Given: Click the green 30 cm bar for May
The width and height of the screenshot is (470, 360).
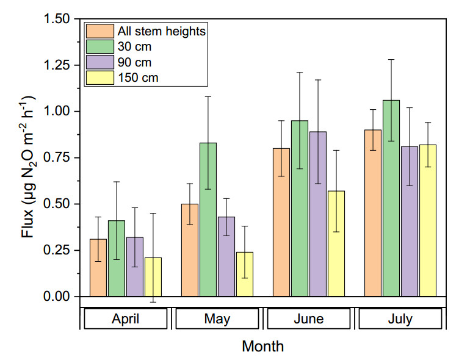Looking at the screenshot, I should point(208,220).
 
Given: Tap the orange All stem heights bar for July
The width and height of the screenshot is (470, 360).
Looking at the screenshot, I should point(372,213).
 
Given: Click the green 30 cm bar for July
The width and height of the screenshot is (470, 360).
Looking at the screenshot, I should point(391,198).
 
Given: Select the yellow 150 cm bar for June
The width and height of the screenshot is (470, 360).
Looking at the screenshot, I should point(336,243).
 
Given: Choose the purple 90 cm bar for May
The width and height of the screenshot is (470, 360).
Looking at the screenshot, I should point(226,256).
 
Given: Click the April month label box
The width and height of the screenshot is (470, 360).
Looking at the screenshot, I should point(126,319).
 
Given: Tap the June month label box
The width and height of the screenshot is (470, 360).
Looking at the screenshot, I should point(309,319).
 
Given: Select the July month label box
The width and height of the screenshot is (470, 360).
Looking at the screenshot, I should point(400,319).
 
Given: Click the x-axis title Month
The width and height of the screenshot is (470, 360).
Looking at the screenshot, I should point(262,347).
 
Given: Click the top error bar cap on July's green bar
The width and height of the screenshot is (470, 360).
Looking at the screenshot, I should point(391,60).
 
